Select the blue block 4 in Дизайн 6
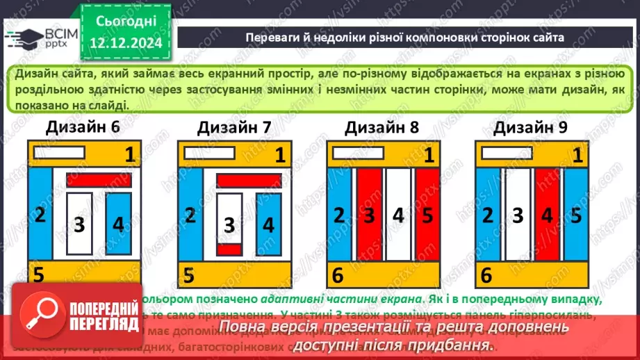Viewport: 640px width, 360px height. (119, 224)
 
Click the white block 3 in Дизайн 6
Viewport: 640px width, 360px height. (80, 224)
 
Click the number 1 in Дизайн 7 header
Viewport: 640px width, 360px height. (279, 154)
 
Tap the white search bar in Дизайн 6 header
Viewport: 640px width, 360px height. (59, 152)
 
